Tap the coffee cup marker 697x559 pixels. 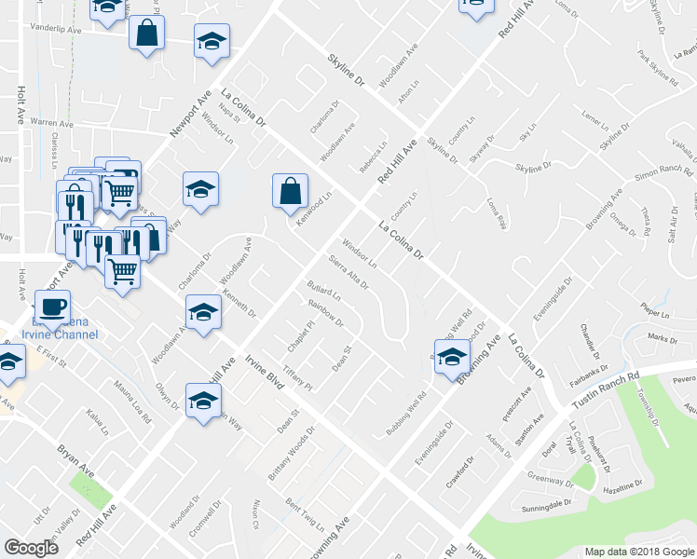point(52,307)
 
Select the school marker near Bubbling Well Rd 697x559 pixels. point(452,357)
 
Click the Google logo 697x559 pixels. point(31,548)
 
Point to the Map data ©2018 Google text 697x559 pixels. point(639,552)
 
